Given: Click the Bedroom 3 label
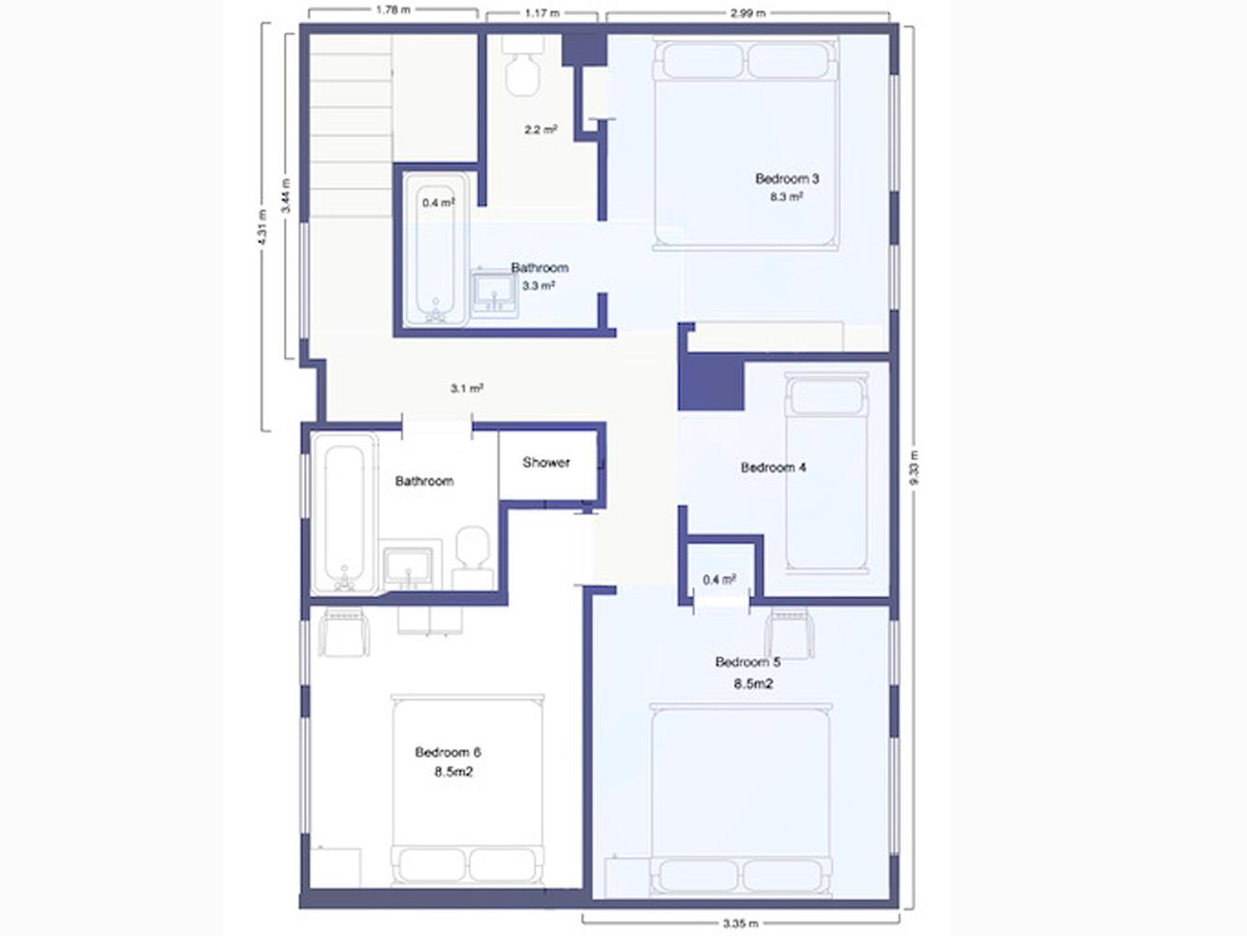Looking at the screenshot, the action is (787, 179).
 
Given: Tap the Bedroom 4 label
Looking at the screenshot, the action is (774, 467).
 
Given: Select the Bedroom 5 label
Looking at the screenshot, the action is (747, 662).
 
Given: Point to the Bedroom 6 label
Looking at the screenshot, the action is (448, 753).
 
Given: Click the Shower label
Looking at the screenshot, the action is (546, 462).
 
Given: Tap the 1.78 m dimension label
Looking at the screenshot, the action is (393, 9).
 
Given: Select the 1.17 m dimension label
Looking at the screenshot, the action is (542, 12).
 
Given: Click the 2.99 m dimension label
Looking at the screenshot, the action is (748, 12).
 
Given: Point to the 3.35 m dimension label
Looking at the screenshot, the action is (741, 924).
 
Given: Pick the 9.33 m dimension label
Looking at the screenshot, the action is (914, 468).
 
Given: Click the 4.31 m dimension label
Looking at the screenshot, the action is (262, 227).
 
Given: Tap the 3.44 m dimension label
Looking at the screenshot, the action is (286, 196).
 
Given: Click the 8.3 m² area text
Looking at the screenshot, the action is (786, 197).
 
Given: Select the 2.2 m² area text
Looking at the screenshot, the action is (541, 129).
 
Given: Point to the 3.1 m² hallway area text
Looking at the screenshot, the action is (467, 388).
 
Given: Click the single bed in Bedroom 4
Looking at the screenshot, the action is (827, 473).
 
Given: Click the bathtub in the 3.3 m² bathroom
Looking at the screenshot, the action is (436, 250).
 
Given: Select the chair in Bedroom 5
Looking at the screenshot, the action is (790, 633).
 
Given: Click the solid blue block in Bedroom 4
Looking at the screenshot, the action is (711, 382).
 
